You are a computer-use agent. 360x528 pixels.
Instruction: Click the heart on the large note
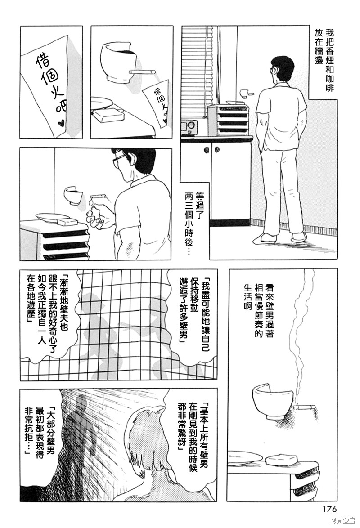point(63,122)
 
